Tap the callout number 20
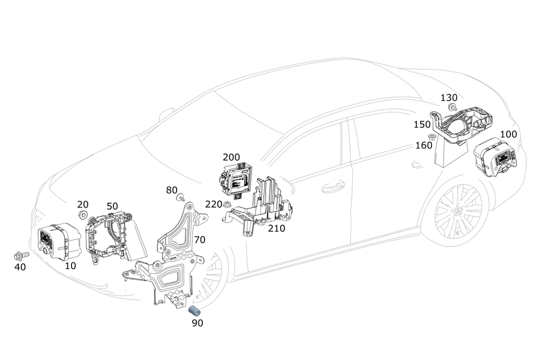(x=82, y=204)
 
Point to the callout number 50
(x=112, y=206)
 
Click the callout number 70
(x=199, y=239)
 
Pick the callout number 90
(x=197, y=324)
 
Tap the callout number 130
(x=449, y=98)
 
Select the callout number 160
(x=424, y=145)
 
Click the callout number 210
(x=276, y=228)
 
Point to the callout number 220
(x=214, y=204)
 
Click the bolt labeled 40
(x=20, y=255)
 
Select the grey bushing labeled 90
(x=194, y=311)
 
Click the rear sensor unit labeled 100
(x=495, y=159)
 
